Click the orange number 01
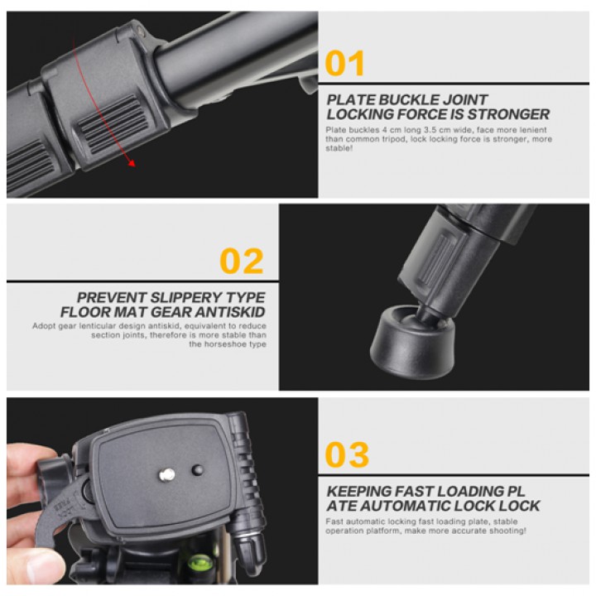[344, 64]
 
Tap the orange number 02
[242, 261]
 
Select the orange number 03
[347, 454]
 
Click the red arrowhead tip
[134, 166]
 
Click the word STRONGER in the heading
[508, 114]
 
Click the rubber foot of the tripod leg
[412, 342]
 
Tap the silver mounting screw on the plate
[166, 474]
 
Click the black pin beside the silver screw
[198, 470]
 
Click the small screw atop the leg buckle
[140, 31]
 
